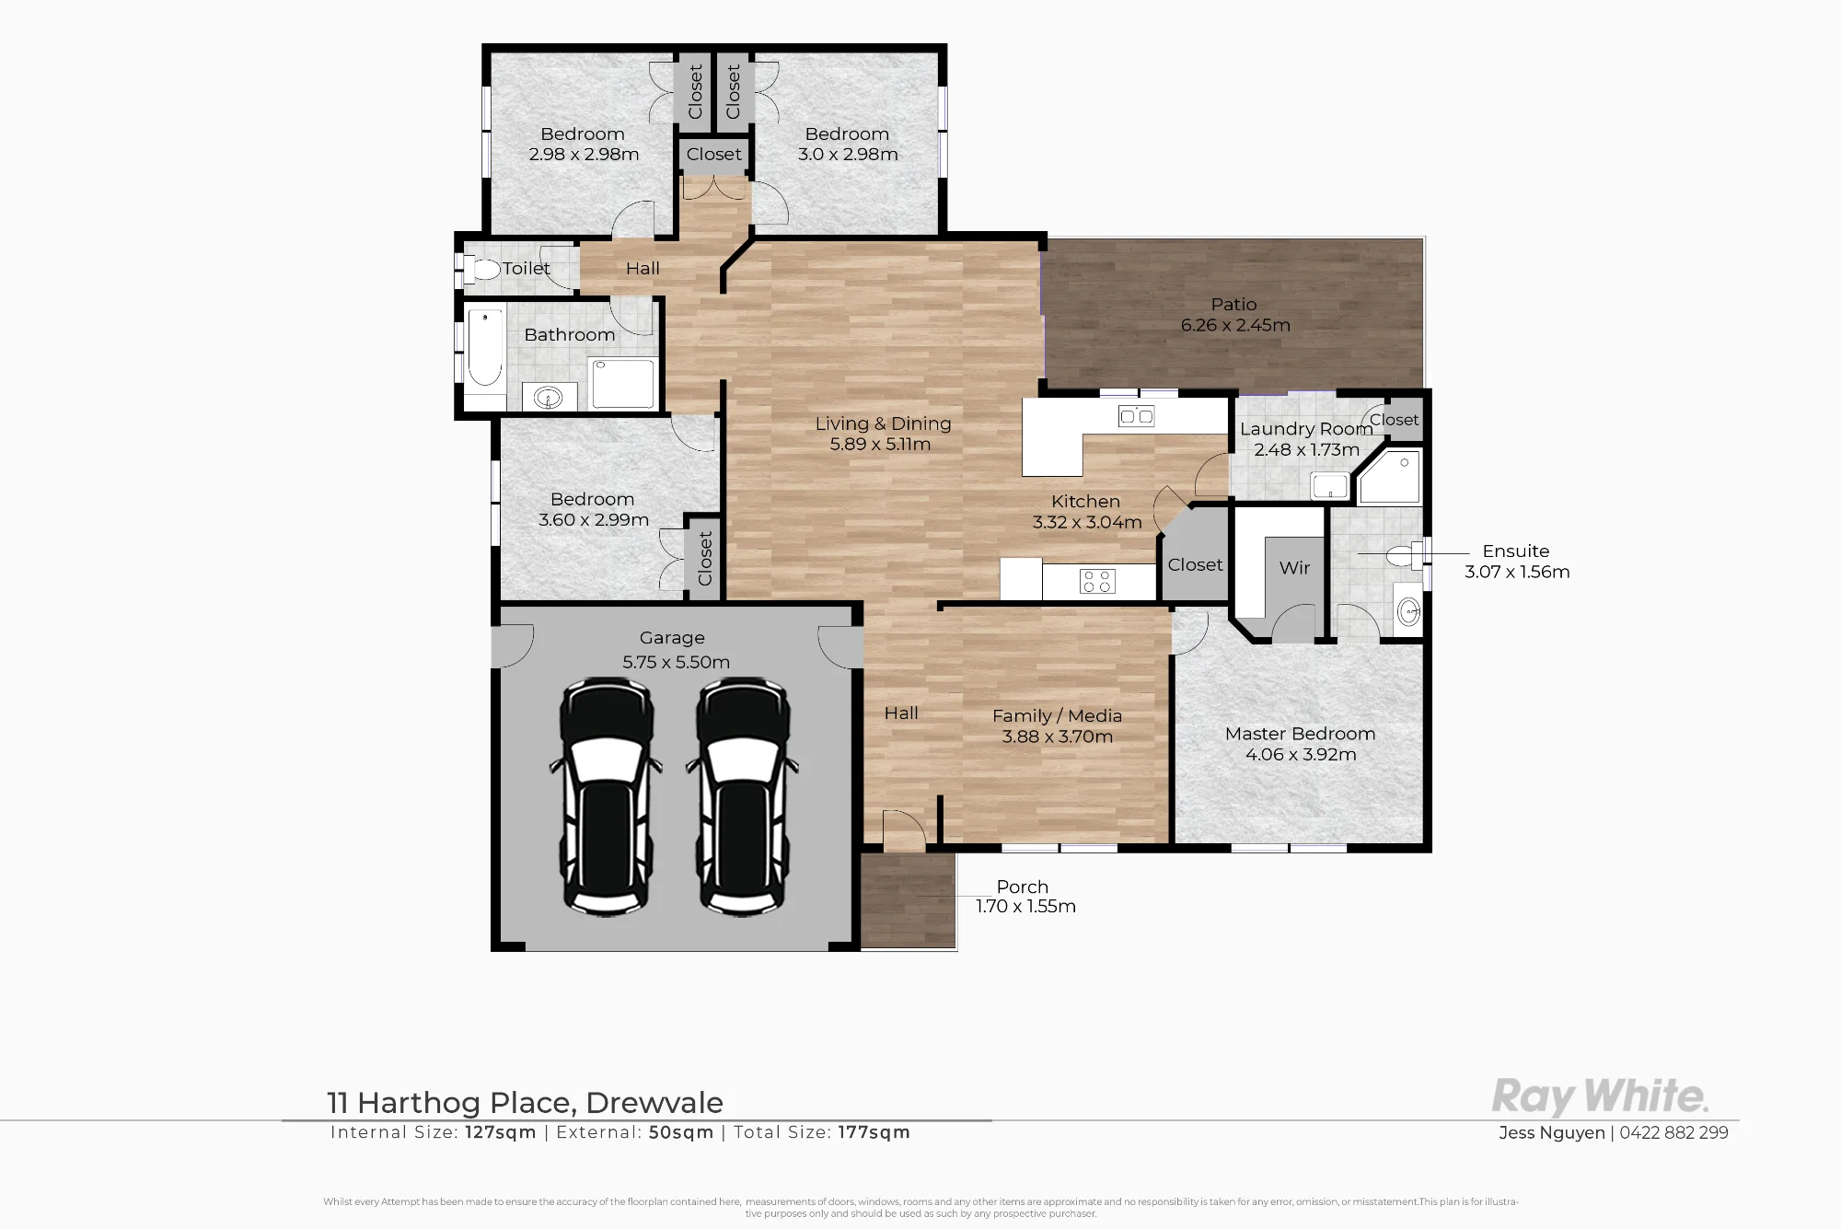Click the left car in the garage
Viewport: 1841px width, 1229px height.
(606, 796)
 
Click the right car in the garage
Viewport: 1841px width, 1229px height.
(742, 796)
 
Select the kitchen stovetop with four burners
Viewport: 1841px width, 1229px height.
(1097, 581)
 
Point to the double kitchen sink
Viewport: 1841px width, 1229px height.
(1137, 416)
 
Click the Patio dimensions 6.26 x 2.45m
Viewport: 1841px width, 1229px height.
(1235, 325)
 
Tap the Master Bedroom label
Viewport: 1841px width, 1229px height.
(1300, 734)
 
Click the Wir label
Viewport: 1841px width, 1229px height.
(1294, 568)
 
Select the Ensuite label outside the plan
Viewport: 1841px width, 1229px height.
(1515, 551)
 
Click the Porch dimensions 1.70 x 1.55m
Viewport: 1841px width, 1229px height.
(1025, 906)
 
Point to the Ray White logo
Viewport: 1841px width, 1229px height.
(1600, 1096)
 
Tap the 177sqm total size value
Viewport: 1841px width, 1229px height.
(874, 1132)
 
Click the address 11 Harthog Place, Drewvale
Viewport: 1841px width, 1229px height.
(526, 1102)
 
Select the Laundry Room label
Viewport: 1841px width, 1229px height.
(1306, 429)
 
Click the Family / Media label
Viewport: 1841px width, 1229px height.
(1057, 715)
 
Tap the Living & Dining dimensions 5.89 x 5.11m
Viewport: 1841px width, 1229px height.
(880, 444)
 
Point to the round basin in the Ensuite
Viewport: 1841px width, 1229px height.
(1407, 610)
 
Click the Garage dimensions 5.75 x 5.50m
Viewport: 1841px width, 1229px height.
(676, 662)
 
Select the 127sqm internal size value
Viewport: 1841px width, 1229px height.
(501, 1132)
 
